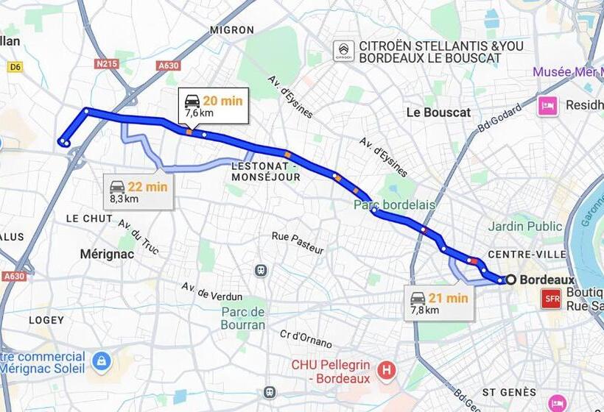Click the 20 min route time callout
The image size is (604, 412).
pos(214,106)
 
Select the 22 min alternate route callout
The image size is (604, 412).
pos(138,192)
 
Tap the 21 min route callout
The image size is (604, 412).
pos(440,303)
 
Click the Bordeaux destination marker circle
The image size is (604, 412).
pos(511,280)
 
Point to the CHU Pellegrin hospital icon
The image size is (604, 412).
pos(385,370)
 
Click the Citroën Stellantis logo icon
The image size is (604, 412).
pos(343,51)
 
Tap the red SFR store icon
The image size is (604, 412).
pos(551,298)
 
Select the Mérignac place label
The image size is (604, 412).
pos(107,254)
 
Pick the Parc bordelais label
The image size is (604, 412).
pos(394,205)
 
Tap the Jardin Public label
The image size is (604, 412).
pos(524,227)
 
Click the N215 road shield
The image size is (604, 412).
pos(108,64)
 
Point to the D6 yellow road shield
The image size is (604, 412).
pos(14,67)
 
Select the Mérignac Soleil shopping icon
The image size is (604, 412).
pos(102,361)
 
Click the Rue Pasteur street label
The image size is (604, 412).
pos(298,243)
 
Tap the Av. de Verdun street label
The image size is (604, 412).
pos(211,291)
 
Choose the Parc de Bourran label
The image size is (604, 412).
pos(243,319)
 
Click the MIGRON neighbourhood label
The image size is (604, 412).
pos(232,30)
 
